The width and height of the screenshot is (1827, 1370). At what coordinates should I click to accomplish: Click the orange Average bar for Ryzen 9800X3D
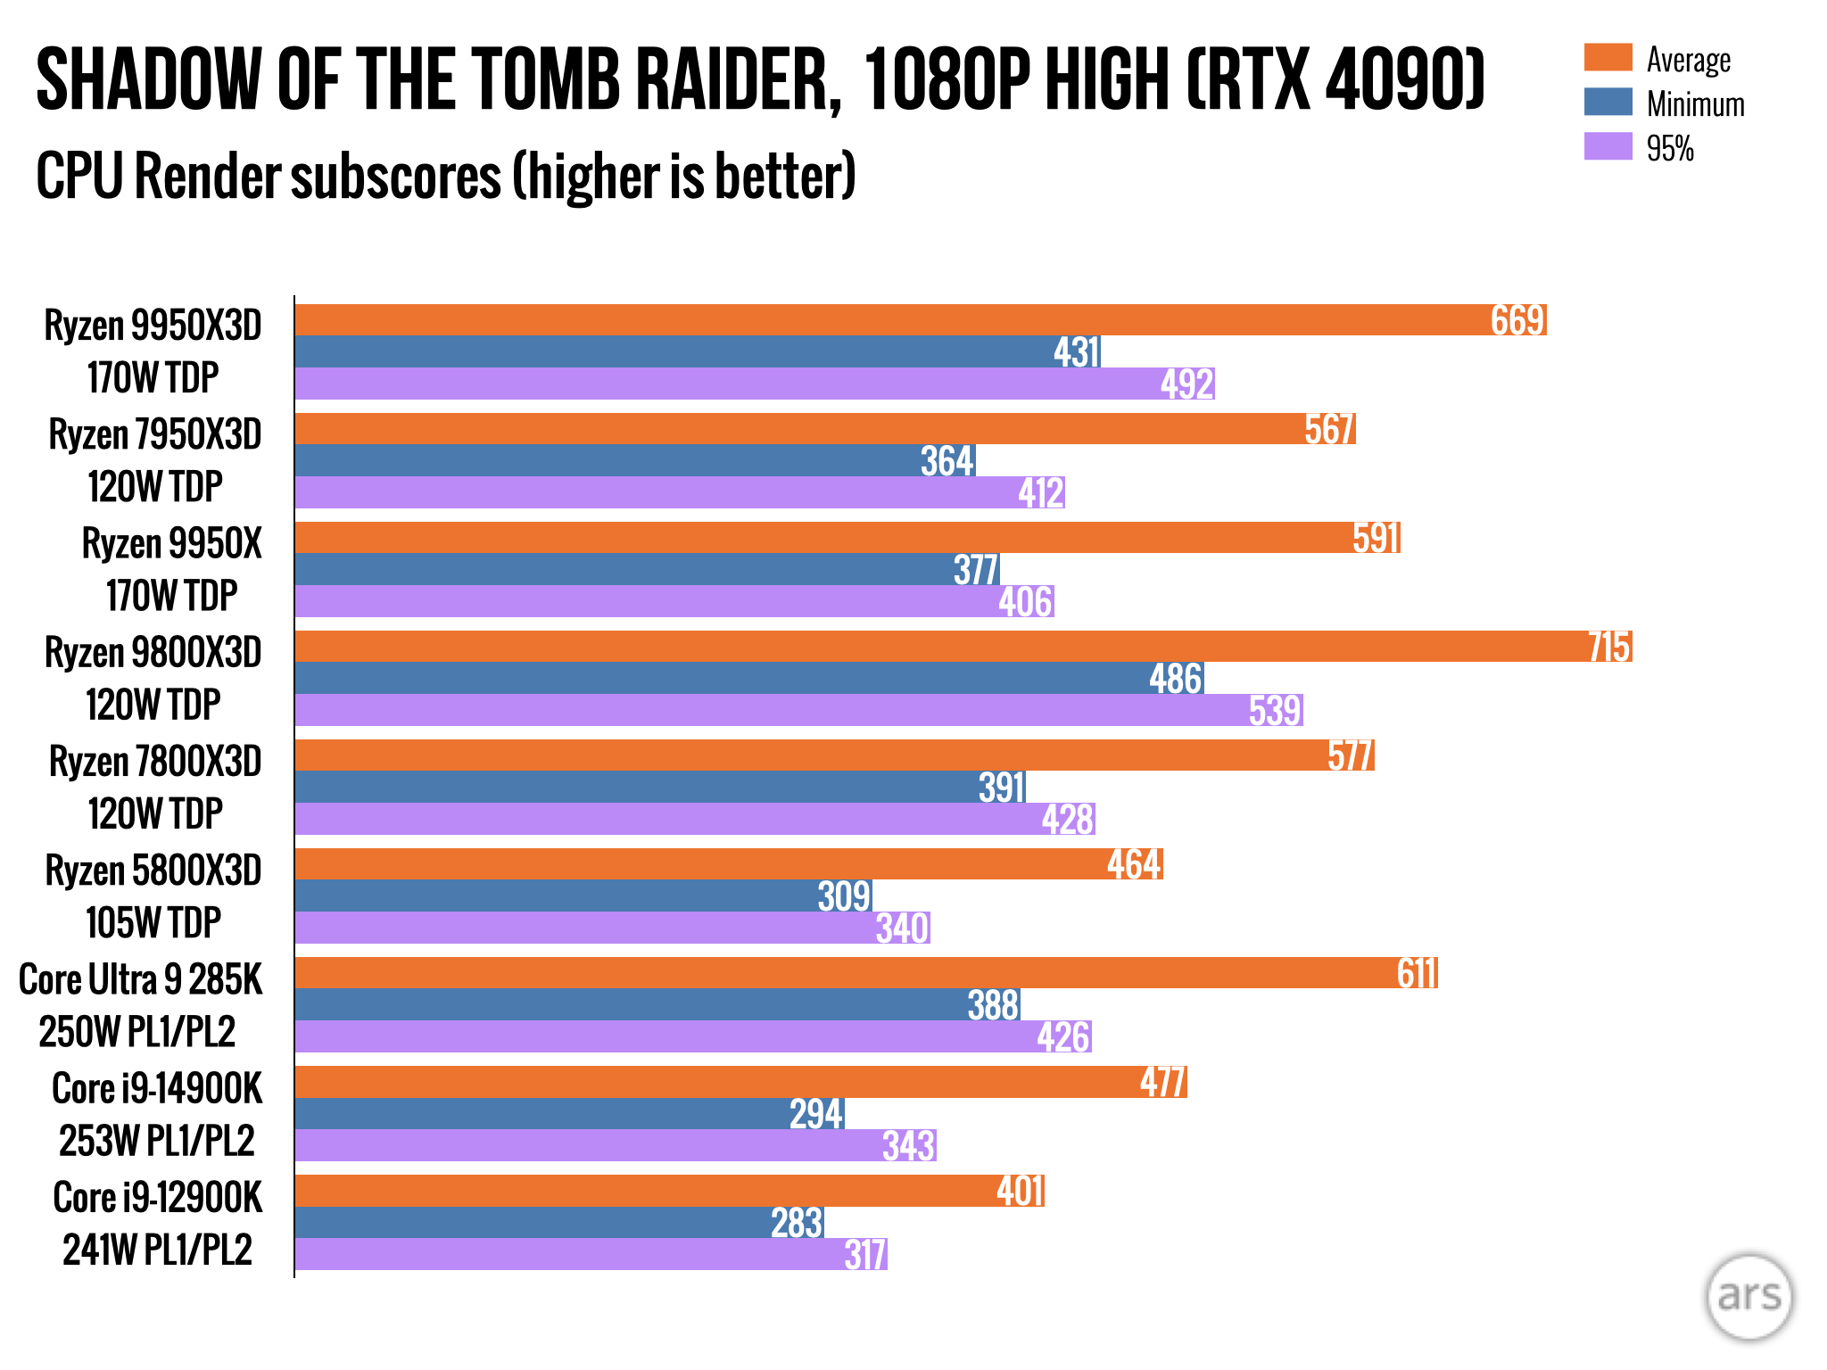tap(937, 647)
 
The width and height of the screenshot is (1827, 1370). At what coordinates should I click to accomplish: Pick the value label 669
tap(1517, 320)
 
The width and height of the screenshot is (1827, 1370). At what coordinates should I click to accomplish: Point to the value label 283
tap(797, 1223)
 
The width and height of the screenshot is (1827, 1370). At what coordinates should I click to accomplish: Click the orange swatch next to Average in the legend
tap(1608, 58)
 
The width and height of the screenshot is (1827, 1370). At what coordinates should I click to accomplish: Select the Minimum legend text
tap(1695, 104)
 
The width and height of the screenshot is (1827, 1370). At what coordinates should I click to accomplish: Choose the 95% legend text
tap(1670, 148)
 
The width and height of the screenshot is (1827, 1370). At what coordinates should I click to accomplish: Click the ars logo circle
tap(1748, 1296)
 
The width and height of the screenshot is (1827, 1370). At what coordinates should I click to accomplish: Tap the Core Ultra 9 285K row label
tap(141, 979)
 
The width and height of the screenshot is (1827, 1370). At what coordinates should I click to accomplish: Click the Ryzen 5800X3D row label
tap(153, 871)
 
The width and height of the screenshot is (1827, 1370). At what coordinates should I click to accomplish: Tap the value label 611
tap(1417, 973)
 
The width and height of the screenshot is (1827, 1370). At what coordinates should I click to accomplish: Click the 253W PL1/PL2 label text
tap(157, 1141)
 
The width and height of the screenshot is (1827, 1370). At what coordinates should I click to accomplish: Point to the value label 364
tap(947, 461)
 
